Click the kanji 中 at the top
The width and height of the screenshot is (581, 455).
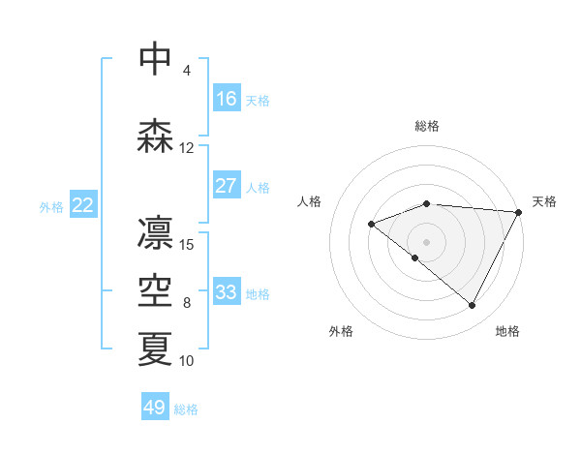pyautogui.click(x=155, y=58)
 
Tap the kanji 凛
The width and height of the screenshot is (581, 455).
pyautogui.click(x=155, y=233)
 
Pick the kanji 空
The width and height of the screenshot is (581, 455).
pyautogui.click(x=155, y=291)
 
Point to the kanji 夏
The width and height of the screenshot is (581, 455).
pyautogui.click(x=155, y=349)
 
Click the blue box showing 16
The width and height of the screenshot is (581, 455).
pyautogui.click(x=227, y=99)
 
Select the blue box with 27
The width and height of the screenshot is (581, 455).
pyautogui.click(x=227, y=186)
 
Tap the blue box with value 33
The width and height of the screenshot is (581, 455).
pyautogui.click(x=227, y=292)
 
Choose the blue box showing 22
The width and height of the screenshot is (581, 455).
pyautogui.click(x=83, y=205)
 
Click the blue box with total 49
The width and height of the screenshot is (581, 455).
pyautogui.click(x=155, y=408)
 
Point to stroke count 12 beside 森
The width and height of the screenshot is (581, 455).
pyautogui.click(x=187, y=148)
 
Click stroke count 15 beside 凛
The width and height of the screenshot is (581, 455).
pyautogui.click(x=187, y=244)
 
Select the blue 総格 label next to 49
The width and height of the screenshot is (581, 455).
pyautogui.click(x=186, y=409)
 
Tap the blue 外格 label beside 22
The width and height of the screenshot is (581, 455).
pyautogui.click(x=51, y=206)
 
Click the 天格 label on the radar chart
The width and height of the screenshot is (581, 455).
pyautogui.click(x=544, y=201)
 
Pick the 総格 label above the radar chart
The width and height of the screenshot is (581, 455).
pyautogui.click(x=427, y=126)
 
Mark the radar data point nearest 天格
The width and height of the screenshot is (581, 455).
pyautogui.click(x=519, y=212)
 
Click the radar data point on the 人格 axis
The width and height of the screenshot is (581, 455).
pyautogui.click(x=371, y=225)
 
